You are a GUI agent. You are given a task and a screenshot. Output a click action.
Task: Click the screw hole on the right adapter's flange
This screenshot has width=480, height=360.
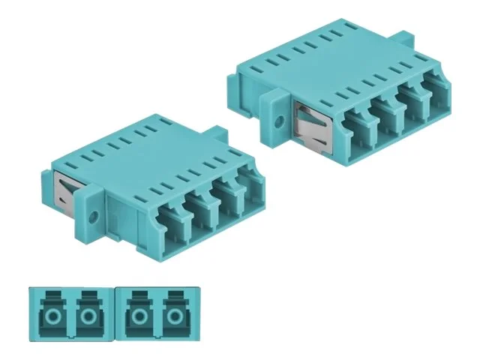click(x=280, y=120)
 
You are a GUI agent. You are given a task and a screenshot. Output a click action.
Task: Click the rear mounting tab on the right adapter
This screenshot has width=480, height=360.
click(x=403, y=38)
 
